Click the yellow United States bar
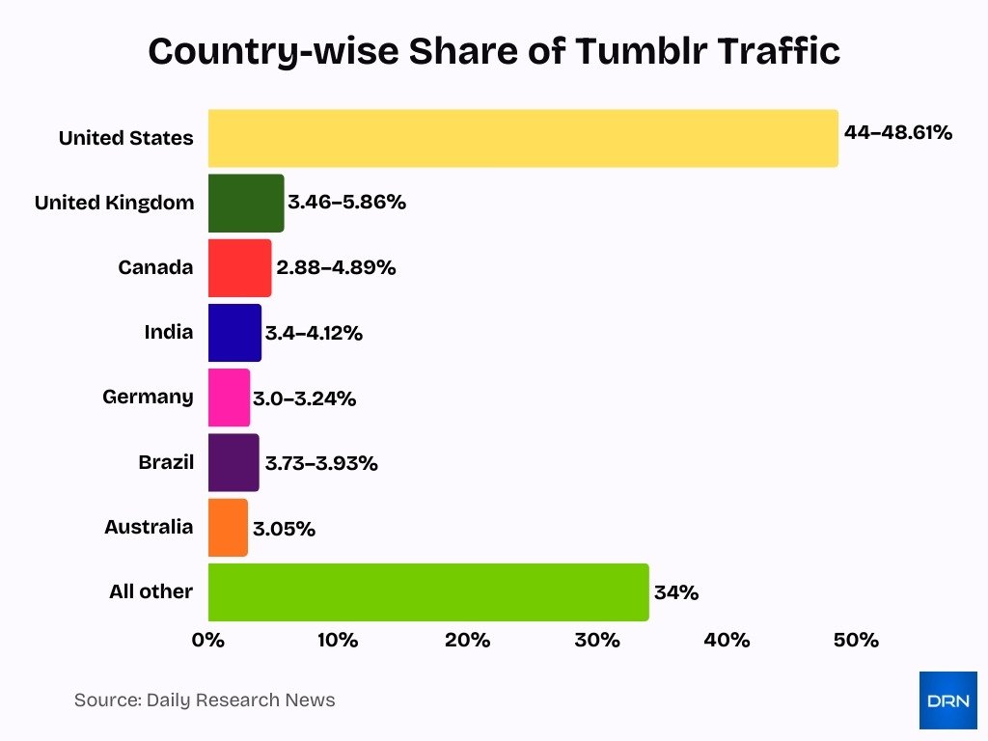521,138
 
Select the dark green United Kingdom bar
245,203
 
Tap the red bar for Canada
239,267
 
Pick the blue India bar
234,333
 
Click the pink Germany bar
229,398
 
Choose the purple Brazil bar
233,462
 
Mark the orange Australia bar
228,527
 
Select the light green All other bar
427,591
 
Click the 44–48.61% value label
897,133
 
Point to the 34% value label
675,592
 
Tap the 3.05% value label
284,529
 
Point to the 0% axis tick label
208,641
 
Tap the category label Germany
148,397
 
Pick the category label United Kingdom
114,203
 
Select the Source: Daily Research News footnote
205,700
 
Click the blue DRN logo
947,700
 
